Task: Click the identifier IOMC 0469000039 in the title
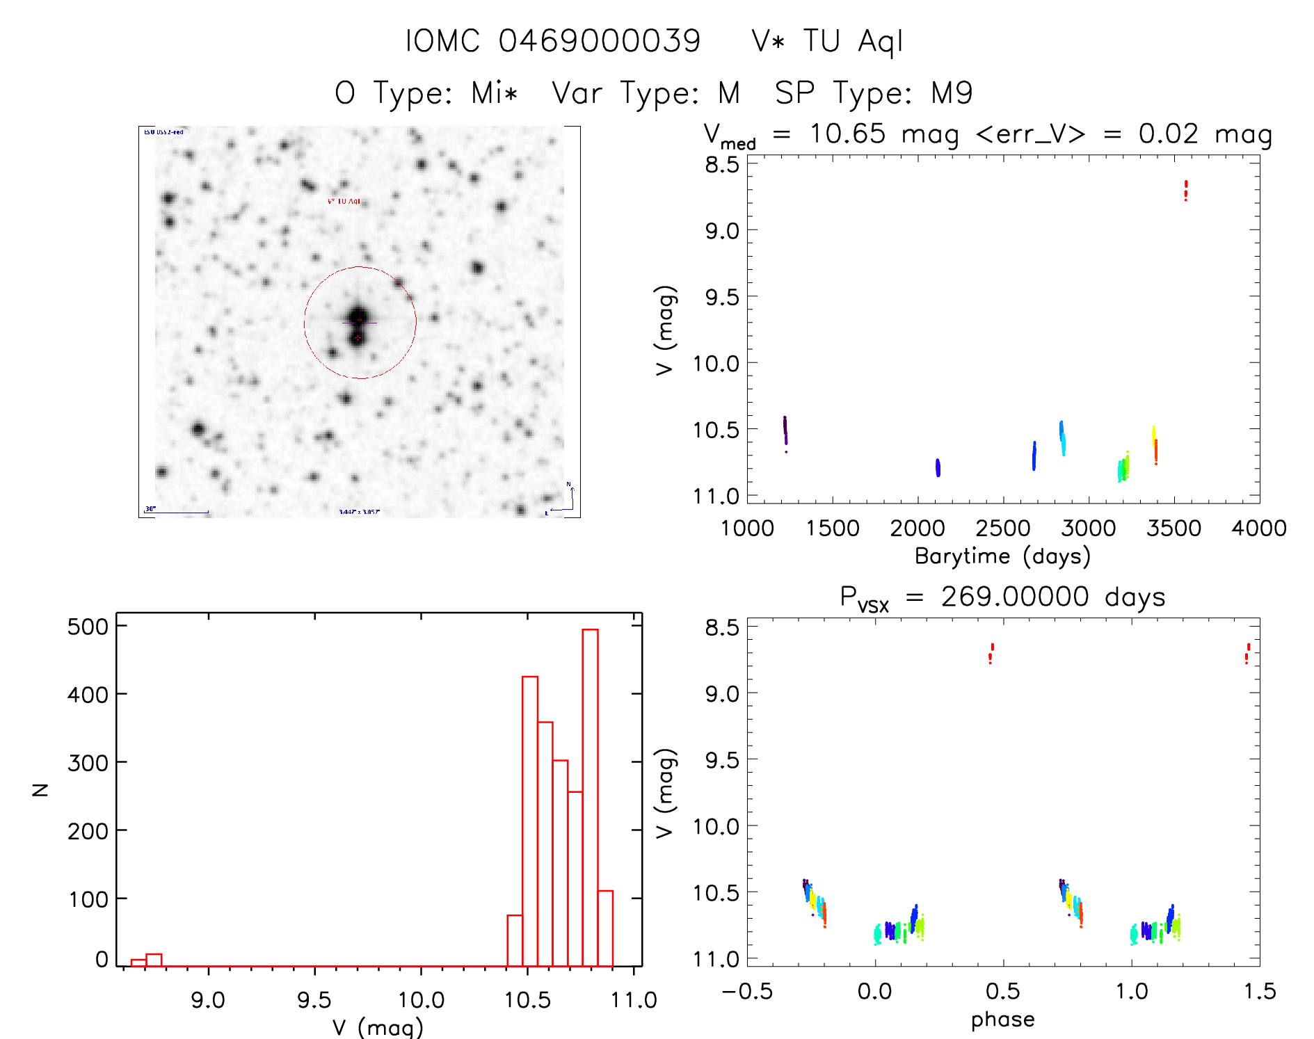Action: [x=553, y=41]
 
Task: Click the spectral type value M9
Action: [x=952, y=93]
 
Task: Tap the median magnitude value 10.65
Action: [x=847, y=134]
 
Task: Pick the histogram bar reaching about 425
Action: [x=530, y=821]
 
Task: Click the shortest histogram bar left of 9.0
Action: [x=138, y=963]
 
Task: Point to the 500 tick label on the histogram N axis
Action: [x=88, y=627]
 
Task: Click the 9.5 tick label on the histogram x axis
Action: [x=314, y=1000]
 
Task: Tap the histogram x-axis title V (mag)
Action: [x=378, y=1026]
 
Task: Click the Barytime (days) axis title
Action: [x=1002, y=556]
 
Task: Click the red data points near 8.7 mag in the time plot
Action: [x=1186, y=190]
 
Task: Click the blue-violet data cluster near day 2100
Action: [x=938, y=467]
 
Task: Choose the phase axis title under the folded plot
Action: [x=1002, y=1020]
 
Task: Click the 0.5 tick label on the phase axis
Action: [x=1002, y=991]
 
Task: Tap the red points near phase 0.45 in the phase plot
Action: [x=991, y=653]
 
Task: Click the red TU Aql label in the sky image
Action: [x=344, y=201]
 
